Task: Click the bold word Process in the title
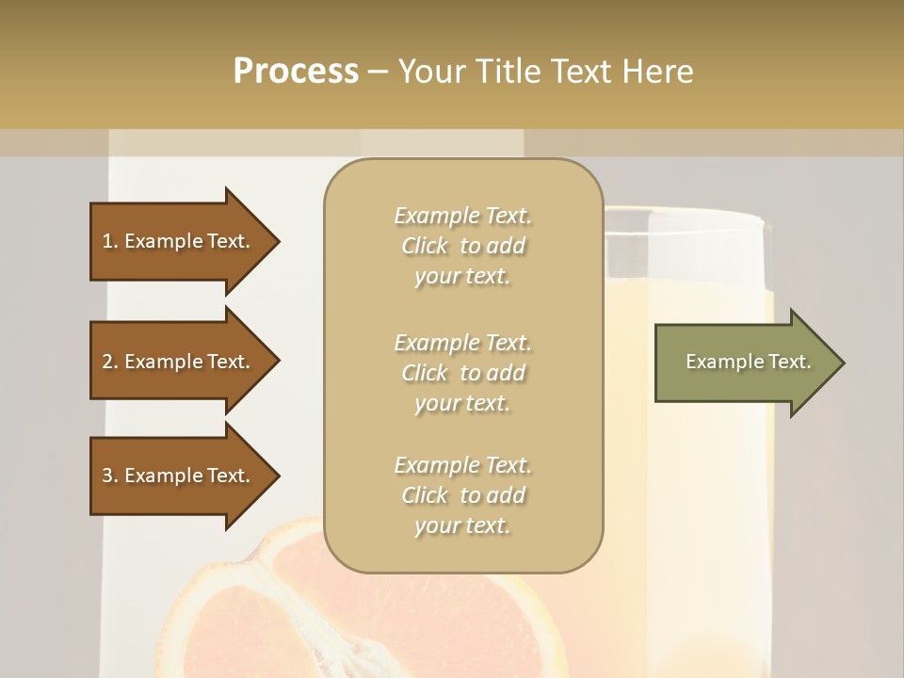pos(296,72)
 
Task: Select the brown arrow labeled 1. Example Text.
pos(176,241)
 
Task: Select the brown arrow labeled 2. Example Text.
pos(176,362)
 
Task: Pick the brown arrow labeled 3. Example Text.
pos(176,476)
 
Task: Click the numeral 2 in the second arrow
pos(106,362)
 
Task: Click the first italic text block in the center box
pos(462,246)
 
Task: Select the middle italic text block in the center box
pos(462,372)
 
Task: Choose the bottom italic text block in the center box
pos(462,494)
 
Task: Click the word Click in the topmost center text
pos(425,246)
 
